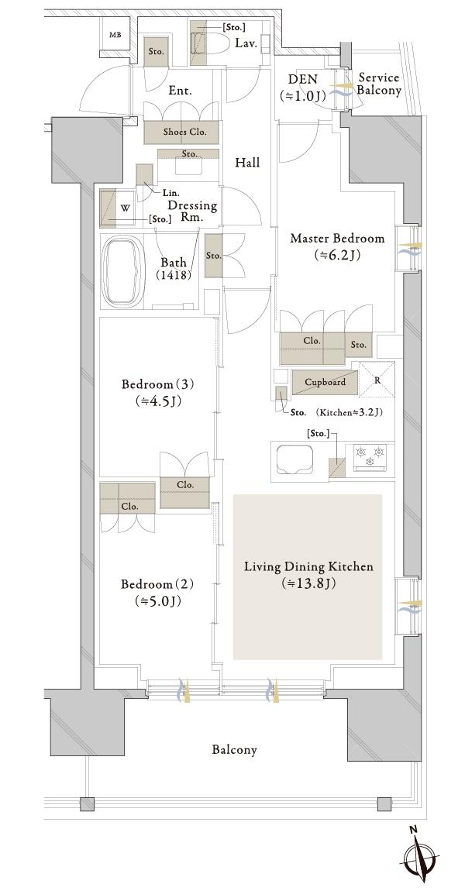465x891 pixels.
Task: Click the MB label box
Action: (115, 35)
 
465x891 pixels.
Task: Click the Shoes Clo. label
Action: (181, 132)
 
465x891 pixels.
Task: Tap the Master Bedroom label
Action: (337, 239)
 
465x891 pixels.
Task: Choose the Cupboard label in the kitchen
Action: (325, 382)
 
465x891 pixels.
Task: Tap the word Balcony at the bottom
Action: (234, 750)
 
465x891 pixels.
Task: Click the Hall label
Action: (247, 163)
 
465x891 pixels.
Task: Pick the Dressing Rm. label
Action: (192, 211)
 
